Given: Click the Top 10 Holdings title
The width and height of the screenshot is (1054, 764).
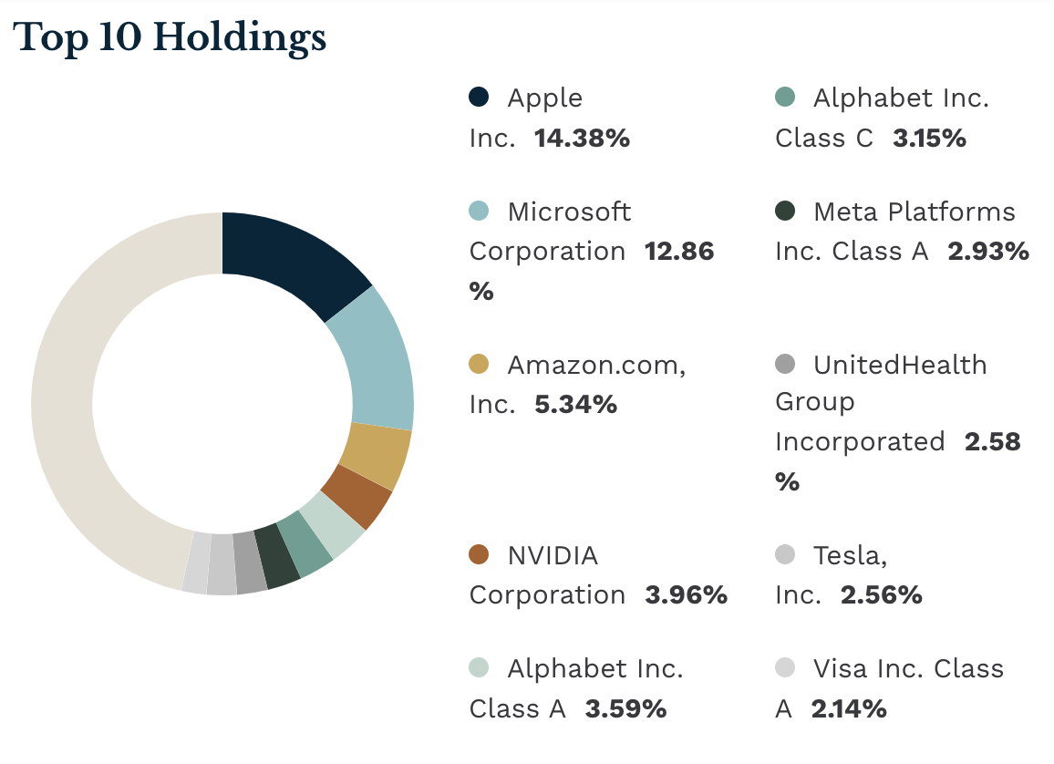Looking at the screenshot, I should pyautogui.click(x=170, y=37).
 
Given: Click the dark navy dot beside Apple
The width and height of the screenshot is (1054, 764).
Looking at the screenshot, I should pyautogui.click(x=479, y=97).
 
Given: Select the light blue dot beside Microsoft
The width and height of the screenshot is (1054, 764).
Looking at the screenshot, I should pyautogui.click(x=479, y=211).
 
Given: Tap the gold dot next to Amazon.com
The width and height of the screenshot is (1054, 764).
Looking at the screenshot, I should pyautogui.click(x=479, y=364).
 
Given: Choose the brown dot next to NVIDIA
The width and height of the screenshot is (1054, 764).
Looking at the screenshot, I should pyautogui.click(x=479, y=554).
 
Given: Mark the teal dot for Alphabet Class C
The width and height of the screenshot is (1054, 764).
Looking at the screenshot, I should pyautogui.click(x=785, y=97).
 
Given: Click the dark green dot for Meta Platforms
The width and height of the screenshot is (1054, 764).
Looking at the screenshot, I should pyautogui.click(x=785, y=211).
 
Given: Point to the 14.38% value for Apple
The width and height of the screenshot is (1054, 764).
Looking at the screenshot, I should pyautogui.click(x=582, y=139).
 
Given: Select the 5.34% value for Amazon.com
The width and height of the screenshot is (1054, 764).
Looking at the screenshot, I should pyautogui.click(x=575, y=404).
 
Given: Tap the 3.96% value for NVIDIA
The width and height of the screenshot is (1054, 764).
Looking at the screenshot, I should pyautogui.click(x=686, y=595).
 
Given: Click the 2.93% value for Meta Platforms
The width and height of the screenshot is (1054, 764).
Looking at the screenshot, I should pyautogui.click(x=988, y=252).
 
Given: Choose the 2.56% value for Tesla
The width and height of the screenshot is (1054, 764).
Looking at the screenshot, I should pyautogui.click(x=881, y=595).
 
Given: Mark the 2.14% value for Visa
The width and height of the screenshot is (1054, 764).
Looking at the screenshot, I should pyautogui.click(x=848, y=708).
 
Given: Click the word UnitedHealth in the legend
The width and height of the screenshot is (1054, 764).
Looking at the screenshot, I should pyautogui.click(x=900, y=365).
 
